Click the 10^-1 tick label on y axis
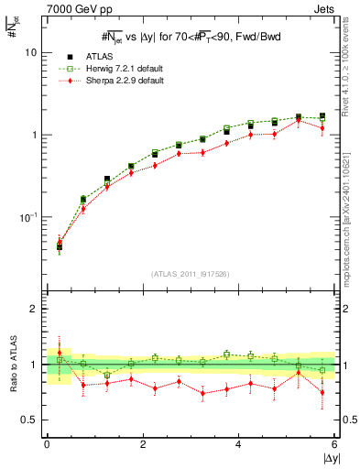click(30, 217)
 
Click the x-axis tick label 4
click(239, 445)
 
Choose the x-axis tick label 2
click(143, 445)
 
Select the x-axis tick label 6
click(334, 445)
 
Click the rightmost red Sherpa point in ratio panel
click(322, 392)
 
